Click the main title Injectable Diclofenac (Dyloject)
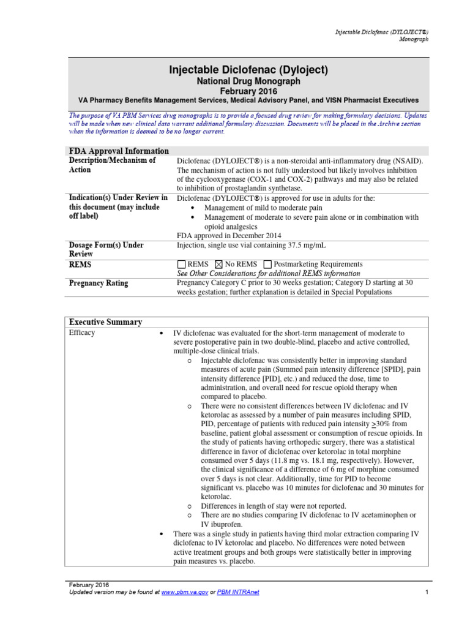(x=248, y=71)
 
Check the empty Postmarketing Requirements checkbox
(x=267, y=265)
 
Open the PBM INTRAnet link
(x=242, y=593)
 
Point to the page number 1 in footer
(x=425, y=593)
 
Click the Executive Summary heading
(x=105, y=322)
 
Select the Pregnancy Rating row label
(x=99, y=284)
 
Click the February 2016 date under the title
(x=248, y=90)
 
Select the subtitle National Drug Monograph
(x=248, y=81)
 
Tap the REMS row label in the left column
(x=81, y=265)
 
